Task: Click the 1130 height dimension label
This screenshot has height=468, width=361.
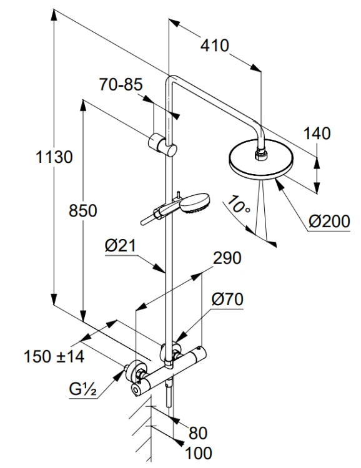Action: coord(54,157)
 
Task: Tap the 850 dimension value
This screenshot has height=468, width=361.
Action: coord(83,210)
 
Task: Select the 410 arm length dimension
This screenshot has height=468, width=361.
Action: coord(215,46)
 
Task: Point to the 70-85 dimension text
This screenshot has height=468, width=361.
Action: coord(121,84)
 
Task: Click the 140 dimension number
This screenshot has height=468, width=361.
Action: coord(317,134)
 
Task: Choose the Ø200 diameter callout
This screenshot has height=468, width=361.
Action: coord(329,222)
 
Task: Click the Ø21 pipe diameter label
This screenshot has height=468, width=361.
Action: coord(121,246)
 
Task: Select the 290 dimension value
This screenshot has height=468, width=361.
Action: coord(227,258)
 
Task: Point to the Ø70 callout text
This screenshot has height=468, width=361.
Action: coord(227,300)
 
